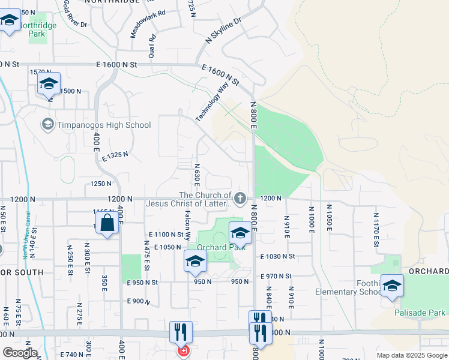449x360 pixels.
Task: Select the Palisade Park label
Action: (x=420, y=313)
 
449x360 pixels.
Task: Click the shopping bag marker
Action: (x=107, y=223)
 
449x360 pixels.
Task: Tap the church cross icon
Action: (x=240, y=197)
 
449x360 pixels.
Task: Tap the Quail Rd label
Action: (x=152, y=46)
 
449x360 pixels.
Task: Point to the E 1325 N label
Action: (x=115, y=155)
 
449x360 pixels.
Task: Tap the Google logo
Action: (x=19, y=352)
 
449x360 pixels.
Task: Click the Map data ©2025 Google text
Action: (x=411, y=355)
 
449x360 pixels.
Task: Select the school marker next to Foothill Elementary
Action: (x=392, y=286)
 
